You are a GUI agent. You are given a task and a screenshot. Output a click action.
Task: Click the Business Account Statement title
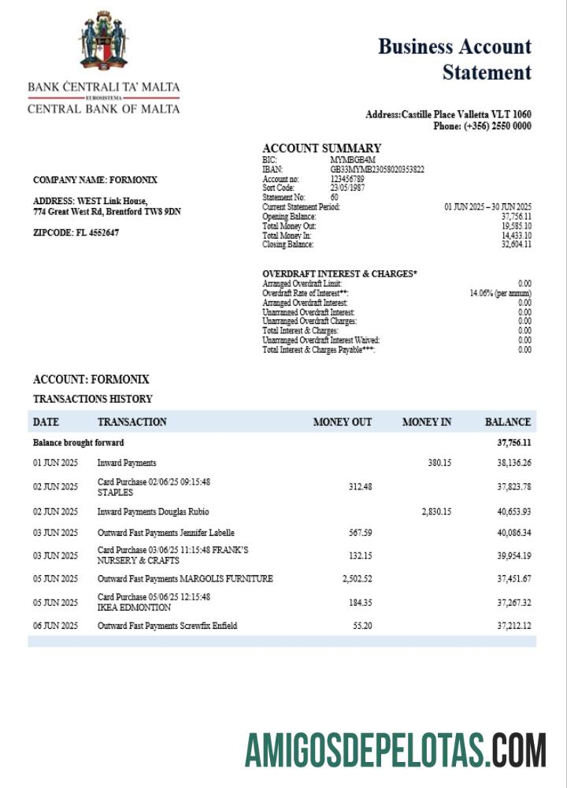click(x=455, y=59)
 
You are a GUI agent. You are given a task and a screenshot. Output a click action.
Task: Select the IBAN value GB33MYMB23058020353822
click(x=377, y=169)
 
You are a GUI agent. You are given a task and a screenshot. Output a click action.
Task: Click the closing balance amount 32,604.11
click(x=516, y=245)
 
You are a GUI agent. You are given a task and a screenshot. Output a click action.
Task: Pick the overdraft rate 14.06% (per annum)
click(x=500, y=293)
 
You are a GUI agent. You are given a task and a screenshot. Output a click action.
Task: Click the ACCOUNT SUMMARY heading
click(x=321, y=148)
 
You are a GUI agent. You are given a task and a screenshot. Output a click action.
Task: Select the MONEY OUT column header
click(x=342, y=422)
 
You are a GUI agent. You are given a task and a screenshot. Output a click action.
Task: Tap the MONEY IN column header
click(x=426, y=422)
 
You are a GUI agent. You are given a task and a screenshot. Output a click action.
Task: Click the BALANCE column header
click(x=507, y=422)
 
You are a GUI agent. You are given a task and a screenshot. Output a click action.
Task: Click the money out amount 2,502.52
click(x=357, y=579)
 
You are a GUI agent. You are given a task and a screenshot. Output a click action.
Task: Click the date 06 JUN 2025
click(x=55, y=626)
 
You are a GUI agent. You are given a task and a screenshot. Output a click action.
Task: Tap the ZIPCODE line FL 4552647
click(x=76, y=233)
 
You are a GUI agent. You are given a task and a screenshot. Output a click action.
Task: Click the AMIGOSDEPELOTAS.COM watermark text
click(x=395, y=749)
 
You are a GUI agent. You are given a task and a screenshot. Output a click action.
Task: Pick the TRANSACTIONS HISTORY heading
click(x=93, y=399)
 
